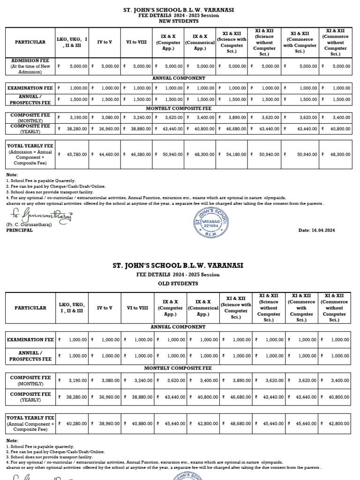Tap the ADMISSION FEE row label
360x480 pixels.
[x=30, y=66]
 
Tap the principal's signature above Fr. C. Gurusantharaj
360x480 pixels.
[x=40, y=216]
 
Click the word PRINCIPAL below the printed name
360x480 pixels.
[x=20, y=230]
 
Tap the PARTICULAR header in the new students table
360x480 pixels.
[x=30, y=42]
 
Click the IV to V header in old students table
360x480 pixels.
[x=105, y=308]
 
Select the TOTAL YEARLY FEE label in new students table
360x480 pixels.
[x=30, y=146]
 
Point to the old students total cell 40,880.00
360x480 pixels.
[x=138, y=423]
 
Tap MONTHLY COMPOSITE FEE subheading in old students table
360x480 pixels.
[x=178, y=368]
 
